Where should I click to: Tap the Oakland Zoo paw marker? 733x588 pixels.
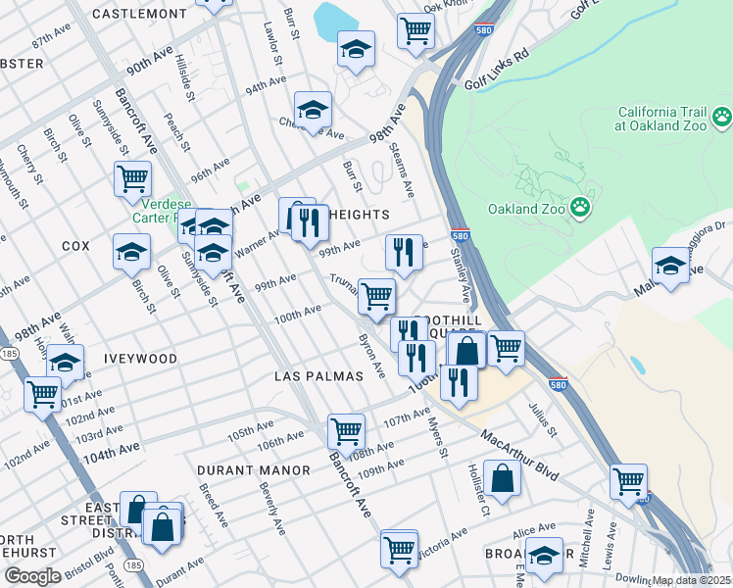coord(581,207)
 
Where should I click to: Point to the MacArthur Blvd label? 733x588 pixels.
coord(519,457)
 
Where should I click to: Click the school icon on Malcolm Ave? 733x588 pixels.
coord(670,266)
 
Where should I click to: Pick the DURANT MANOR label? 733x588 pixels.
coord(252,470)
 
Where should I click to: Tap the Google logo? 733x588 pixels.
coord(32,576)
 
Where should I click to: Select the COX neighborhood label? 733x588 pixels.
coord(75,246)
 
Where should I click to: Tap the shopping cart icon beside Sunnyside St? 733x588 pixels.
coord(132,179)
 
